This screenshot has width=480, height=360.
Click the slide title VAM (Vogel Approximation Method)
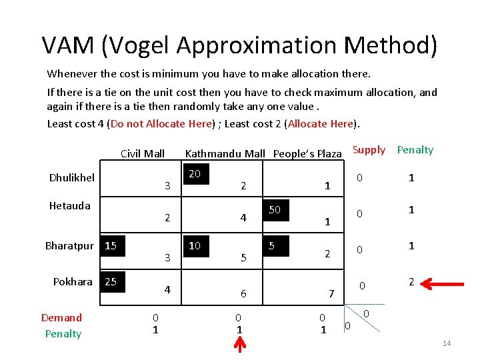tap(239, 45)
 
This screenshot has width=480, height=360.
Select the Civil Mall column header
tap(142, 153)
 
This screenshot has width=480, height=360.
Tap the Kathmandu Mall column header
tap(225, 153)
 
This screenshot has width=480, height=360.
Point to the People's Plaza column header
tap(307, 153)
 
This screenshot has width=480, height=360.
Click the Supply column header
tap(369, 150)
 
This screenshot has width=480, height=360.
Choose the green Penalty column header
tap(415, 150)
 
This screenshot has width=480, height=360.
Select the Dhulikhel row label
tap(71, 177)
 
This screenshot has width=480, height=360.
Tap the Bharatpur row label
tap(69, 245)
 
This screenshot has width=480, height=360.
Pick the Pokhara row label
tap(73, 281)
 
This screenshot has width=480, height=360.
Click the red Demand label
tap(61, 317)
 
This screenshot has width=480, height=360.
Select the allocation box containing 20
tap(196, 174)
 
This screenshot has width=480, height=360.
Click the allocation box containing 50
tap(276, 210)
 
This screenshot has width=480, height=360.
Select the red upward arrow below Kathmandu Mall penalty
tap(239, 345)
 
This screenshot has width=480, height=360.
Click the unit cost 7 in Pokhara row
tap(331, 293)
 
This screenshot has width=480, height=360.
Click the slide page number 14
tap(446, 343)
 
